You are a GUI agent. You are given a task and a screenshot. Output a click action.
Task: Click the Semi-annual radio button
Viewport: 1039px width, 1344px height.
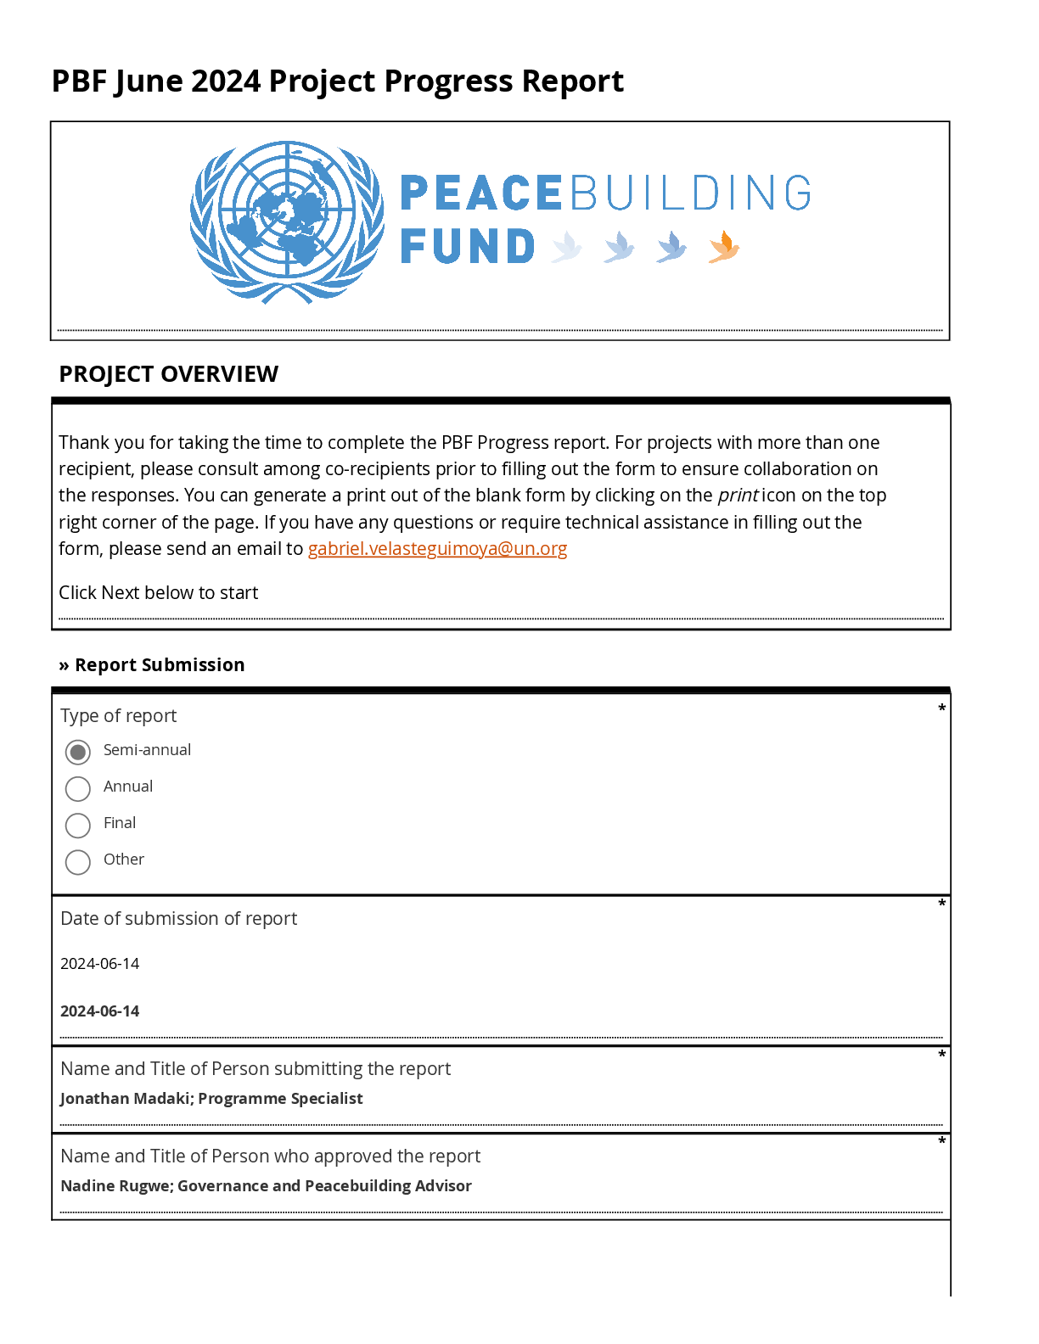click(x=78, y=752)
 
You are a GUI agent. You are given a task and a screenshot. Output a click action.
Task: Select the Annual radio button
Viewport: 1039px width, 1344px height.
click(x=78, y=788)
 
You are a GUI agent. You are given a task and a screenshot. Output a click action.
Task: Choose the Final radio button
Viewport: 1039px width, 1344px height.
click(x=78, y=825)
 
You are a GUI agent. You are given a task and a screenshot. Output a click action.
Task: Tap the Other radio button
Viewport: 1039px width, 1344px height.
click(x=78, y=861)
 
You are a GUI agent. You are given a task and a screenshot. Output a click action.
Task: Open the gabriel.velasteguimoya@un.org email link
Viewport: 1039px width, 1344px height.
click(x=437, y=549)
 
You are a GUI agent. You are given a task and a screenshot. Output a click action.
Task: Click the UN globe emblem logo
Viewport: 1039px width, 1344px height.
click(x=287, y=221)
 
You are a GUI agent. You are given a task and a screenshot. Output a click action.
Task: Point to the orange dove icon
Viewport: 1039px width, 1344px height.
click(x=724, y=247)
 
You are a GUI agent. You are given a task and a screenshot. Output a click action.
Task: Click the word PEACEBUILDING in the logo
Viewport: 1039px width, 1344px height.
click(x=605, y=193)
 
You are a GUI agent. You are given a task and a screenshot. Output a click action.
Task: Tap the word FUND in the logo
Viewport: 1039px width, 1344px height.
click(x=468, y=247)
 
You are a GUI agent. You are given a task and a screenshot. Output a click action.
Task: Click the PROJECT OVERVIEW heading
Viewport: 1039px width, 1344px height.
click(x=168, y=374)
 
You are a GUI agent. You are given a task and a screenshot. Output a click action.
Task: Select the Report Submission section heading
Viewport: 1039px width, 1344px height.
click(x=159, y=665)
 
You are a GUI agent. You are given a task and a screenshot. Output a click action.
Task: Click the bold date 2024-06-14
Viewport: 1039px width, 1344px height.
click(x=100, y=1011)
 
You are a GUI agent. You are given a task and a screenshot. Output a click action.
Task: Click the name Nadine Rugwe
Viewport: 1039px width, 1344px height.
click(x=115, y=1186)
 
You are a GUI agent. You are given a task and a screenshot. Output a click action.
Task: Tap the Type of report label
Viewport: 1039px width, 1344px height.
click(x=119, y=716)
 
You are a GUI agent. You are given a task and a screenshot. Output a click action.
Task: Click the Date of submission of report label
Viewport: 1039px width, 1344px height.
click(x=178, y=919)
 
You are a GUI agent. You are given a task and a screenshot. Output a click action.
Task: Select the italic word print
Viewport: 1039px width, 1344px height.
click(x=738, y=496)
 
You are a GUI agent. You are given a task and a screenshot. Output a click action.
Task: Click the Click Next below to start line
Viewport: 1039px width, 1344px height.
click(x=158, y=593)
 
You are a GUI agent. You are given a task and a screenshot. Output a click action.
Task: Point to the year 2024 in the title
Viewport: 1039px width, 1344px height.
click(x=226, y=81)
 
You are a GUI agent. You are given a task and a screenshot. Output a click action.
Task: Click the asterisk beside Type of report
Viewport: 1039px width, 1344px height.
click(x=941, y=708)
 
